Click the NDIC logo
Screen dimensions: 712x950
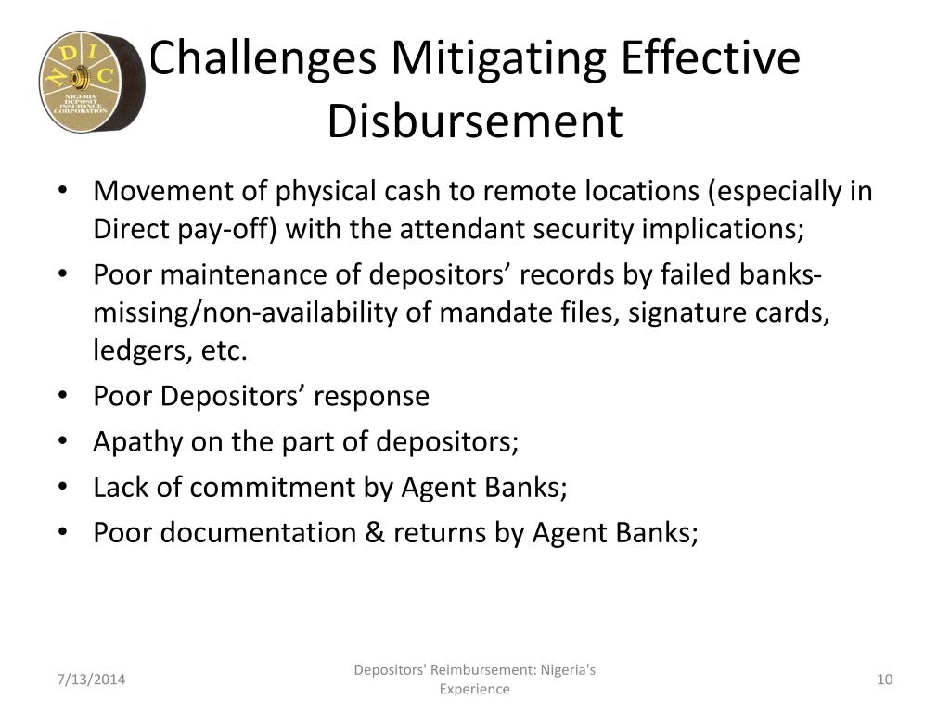point(92,81)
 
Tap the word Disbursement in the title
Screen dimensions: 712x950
point(475,121)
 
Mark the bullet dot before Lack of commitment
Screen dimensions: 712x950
point(63,487)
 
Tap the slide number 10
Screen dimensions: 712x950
point(884,680)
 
